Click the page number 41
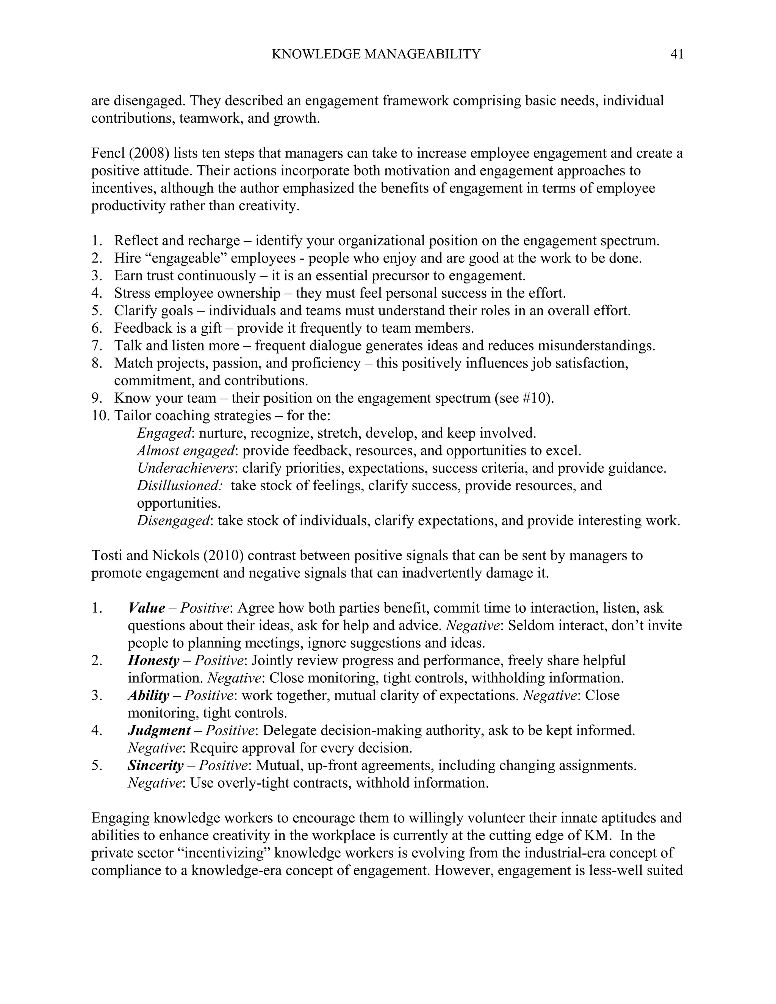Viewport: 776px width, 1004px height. [677, 55]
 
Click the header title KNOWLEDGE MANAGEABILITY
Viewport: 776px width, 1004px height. [375, 55]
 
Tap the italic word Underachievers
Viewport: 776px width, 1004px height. [185, 468]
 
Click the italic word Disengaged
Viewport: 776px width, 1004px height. [173, 521]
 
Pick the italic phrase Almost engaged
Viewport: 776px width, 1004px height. [186, 451]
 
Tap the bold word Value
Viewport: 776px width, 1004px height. [146, 608]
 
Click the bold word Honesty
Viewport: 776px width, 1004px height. [153, 661]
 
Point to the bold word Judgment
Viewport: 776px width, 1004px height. [159, 730]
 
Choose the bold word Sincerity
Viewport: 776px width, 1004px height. [155, 765]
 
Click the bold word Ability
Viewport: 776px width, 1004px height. [148, 696]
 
